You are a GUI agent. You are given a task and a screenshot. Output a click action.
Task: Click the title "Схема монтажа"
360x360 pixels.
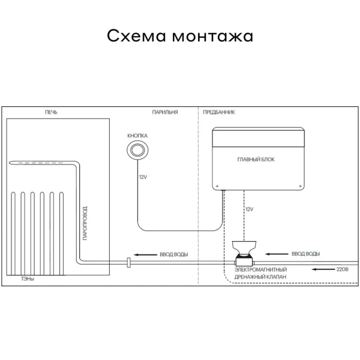click(x=180, y=36)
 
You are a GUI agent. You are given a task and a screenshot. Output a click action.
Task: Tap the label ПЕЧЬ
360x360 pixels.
click(x=51, y=112)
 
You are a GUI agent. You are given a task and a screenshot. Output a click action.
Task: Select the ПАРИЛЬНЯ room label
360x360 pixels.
click(x=165, y=112)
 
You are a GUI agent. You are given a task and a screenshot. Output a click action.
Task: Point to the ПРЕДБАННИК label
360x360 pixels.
click(x=219, y=112)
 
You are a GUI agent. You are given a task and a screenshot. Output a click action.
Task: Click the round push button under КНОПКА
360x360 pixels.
click(x=137, y=150)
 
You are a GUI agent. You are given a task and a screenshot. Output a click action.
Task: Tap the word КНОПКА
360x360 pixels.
click(x=137, y=136)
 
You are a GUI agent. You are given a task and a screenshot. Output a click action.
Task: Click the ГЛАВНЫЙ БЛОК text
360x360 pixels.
click(x=256, y=160)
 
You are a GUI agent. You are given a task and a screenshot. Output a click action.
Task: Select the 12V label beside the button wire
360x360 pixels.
click(x=143, y=177)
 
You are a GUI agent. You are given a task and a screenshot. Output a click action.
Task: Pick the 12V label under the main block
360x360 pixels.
click(x=250, y=209)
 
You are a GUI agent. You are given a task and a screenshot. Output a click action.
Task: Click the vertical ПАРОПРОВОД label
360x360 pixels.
click(x=85, y=223)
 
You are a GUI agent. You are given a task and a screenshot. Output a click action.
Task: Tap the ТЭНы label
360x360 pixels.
click(x=28, y=279)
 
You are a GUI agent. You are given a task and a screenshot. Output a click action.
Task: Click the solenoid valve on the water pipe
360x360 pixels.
click(x=244, y=253)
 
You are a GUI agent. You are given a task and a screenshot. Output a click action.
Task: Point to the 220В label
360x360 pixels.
click(x=342, y=269)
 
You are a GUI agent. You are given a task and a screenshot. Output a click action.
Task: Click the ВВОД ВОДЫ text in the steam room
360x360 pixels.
click(x=174, y=254)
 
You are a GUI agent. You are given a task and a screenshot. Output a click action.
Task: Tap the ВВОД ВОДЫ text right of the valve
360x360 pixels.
click(x=305, y=254)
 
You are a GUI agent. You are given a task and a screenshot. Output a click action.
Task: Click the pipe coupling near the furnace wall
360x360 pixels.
click(x=129, y=263)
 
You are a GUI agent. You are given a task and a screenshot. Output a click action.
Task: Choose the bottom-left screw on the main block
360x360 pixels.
click(x=217, y=186)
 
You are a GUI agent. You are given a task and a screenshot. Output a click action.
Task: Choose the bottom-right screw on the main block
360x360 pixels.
click(x=299, y=186)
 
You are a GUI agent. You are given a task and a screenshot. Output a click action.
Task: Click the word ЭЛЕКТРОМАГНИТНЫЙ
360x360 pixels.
click(x=260, y=269)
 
